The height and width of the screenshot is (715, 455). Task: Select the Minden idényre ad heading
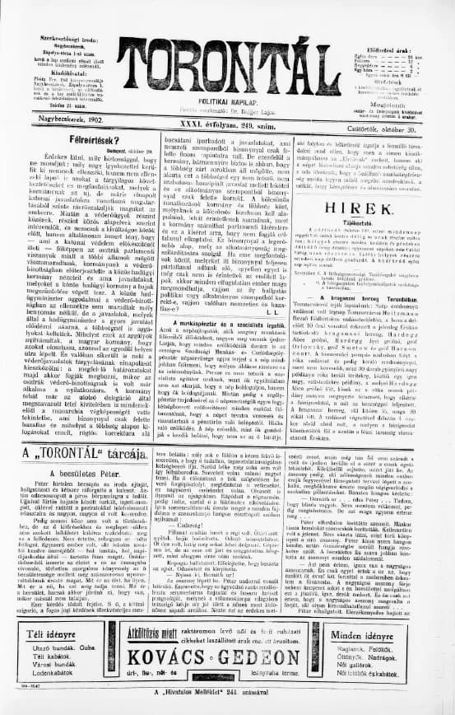coord(397,633)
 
